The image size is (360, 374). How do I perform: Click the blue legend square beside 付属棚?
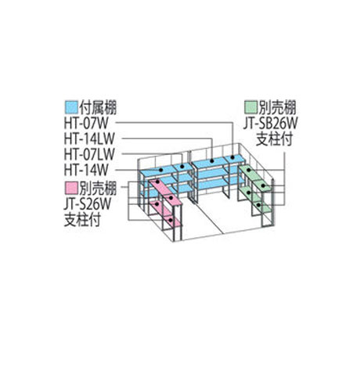[x=71, y=107]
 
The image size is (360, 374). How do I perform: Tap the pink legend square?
[x=71, y=189]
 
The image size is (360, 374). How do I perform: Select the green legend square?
[x=250, y=107]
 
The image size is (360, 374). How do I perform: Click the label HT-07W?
[x=86, y=124]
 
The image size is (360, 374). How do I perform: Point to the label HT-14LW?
[x=89, y=139]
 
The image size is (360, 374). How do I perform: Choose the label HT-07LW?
[x=89, y=155]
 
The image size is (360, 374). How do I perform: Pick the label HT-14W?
[x=86, y=171]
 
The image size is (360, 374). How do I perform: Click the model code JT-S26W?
[x=88, y=204]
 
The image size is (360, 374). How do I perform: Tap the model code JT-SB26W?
[x=270, y=124]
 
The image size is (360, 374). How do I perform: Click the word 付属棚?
[x=98, y=107]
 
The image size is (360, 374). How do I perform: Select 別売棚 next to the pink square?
[x=98, y=189]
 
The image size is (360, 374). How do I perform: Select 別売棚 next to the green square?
[x=277, y=107]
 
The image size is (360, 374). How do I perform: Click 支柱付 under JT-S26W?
[x=82, y=221]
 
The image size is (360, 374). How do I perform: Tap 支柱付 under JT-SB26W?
[x=274, y=140]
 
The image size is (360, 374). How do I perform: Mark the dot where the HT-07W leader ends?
[x=232, y=158]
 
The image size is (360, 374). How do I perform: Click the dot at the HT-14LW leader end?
[x=212, y=161]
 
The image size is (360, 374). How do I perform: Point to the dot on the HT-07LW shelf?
[x=182, y=166]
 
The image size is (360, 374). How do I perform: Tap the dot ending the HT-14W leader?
[x=161, y=170]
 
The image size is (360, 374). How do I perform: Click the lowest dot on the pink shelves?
[x=171, y=221]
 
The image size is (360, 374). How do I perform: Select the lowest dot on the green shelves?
[x=258, y=205]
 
